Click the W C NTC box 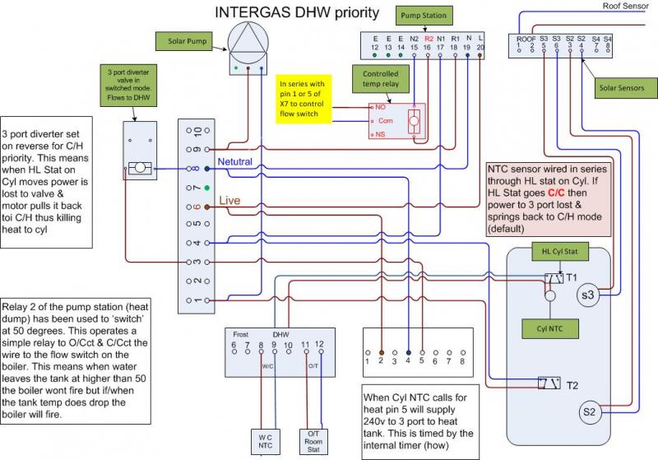point(266,442)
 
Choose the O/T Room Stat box point(313,442)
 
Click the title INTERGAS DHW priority point(297,13)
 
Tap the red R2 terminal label point(428,38)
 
